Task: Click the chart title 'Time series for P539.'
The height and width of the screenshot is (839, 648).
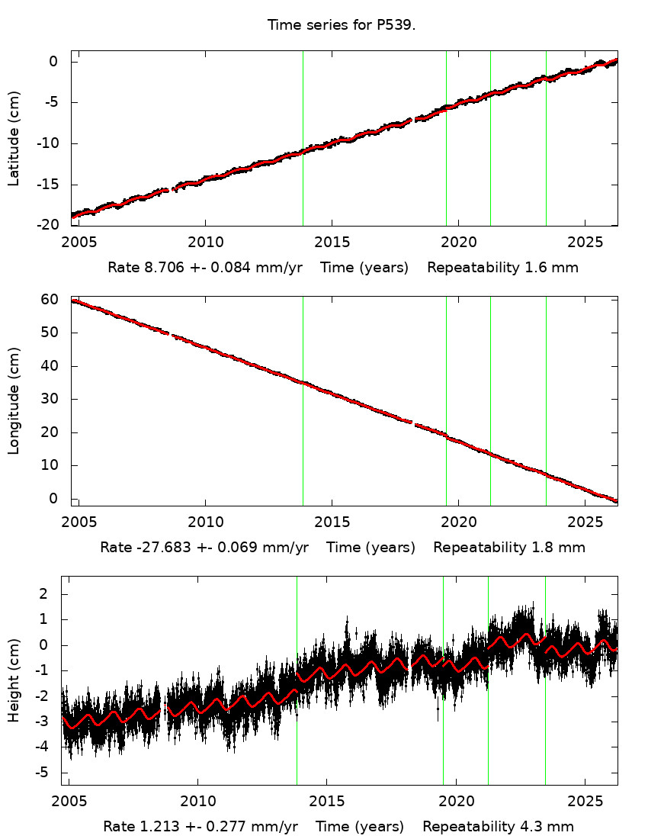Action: [x=342, y=25]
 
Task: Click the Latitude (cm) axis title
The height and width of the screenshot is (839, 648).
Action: [x=14, y=138]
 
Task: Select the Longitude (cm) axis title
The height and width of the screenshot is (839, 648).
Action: [x=14, y=400]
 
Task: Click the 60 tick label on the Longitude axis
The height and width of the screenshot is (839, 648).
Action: [x=51, y=300]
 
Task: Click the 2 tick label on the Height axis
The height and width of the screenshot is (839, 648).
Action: [x=54, y=594]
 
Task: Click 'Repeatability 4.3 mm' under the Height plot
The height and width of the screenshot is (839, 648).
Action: [x=498, y=827]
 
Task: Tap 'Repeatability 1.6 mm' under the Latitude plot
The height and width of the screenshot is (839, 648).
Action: [x=502, y=268]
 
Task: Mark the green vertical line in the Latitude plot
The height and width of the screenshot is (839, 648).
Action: [x=546, y=138]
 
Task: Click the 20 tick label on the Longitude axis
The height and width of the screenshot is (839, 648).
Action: [x=51, y=432]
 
